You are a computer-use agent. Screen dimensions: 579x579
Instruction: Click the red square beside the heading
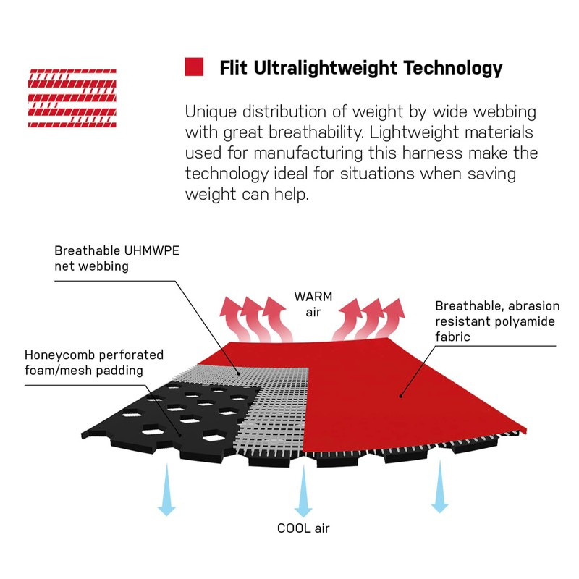tap(194, 67)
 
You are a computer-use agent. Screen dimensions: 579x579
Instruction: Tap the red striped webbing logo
tap(72, 98)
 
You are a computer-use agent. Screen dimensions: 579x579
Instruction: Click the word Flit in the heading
tap(233, 68)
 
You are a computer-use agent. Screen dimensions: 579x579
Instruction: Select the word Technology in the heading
tap(453, 69)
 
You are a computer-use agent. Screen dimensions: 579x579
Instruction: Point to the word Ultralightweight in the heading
tap(325, 69)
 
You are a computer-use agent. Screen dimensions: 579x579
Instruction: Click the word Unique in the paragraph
tap(211, 112)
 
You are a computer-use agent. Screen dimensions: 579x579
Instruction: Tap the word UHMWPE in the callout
tap(151, 250)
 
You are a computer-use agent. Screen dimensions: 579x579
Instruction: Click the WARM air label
tap(313, 304)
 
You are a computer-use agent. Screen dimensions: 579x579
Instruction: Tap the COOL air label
tap(303, 528)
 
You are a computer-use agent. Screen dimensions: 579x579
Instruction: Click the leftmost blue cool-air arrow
tap(167, 490)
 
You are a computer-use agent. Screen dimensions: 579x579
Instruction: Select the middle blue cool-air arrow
tap(303, 491)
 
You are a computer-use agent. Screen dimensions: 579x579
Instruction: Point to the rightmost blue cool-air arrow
tap(440, 486)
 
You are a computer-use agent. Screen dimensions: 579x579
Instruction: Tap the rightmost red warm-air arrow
tap(392, 318)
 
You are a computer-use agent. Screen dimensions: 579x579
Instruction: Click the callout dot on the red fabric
tap(401, 396)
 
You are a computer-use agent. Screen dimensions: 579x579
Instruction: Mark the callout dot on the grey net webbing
tap(240, 373)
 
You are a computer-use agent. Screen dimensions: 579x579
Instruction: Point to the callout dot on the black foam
tap(180, 436)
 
